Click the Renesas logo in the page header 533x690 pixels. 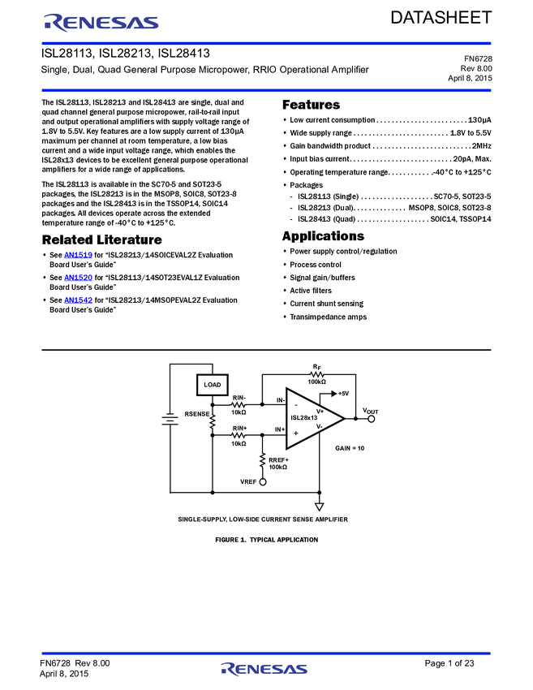pos(101,22)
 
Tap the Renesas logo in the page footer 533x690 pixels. pos(264,669)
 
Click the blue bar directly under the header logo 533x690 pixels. pos(266,43)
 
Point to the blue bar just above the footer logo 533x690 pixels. pos(266,653)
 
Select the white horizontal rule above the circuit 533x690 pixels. pos(266,351)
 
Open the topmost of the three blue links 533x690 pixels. pos(79,255)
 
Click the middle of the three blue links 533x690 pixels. pos(79,278)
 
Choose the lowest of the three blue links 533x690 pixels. pos(79,300)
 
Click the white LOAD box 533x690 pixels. pos(212,385)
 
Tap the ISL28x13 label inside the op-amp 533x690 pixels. pos(304,418)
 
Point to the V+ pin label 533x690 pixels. pos(320,411)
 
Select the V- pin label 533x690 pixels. pos(320,426)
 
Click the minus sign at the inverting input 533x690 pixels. pos(295,404)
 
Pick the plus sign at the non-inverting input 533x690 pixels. pos(295,433)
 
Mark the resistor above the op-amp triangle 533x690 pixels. pos(317,374)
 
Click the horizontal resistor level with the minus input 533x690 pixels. pos(238,404)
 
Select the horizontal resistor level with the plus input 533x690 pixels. pos(238,436)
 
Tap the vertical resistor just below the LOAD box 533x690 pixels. pos(213,421)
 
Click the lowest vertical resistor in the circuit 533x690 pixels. pos(263,459)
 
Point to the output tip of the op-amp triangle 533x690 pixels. pos(341,419)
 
